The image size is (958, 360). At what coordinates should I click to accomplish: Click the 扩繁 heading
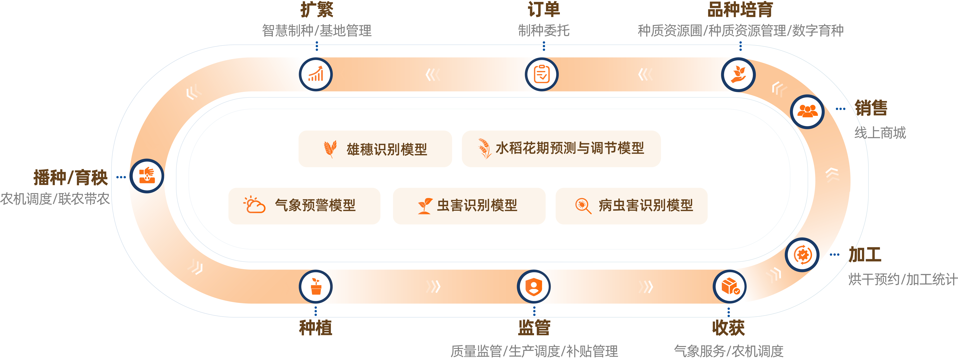(x=317, y=10)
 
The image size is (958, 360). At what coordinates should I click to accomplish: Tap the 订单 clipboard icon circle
(x=542, y=74)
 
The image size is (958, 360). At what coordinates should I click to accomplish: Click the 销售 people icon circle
(x=807, y=112)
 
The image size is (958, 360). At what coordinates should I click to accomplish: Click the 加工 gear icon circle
(x=802, y=255)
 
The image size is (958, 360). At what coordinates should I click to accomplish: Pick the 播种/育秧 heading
(x=71, y=177)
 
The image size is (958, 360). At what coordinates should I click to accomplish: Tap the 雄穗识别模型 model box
(x=375, y=149)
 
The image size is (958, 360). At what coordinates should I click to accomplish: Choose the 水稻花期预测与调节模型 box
(x=561, y=149)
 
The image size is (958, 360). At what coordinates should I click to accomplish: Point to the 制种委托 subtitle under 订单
(x=544, y=31)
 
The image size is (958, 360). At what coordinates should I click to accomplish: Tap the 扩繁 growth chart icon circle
(x=316, y=74)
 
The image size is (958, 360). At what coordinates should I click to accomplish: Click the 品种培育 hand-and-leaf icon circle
(x=738, y=74)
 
